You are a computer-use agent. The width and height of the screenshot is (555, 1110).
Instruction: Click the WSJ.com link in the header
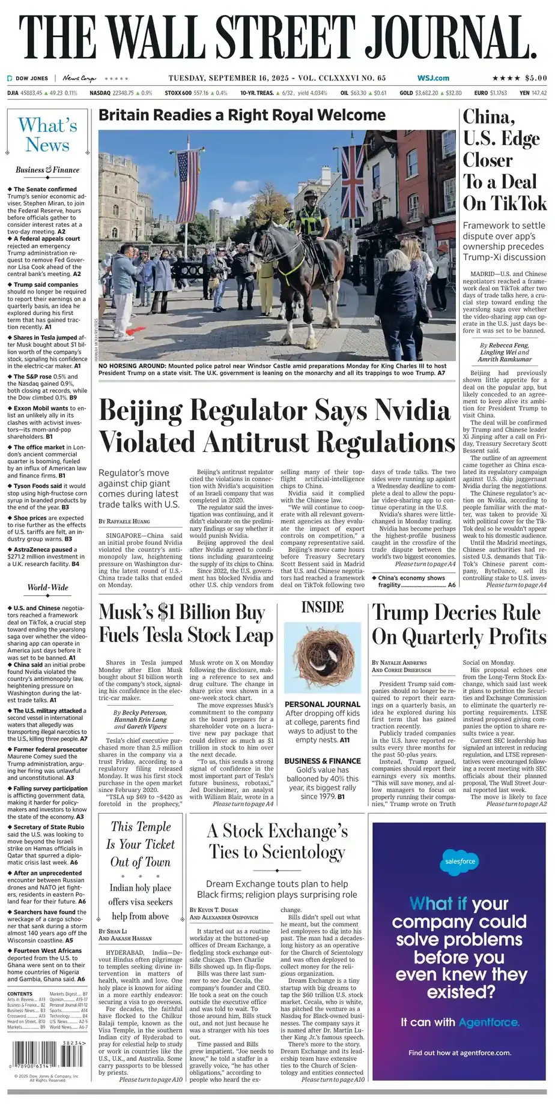click(x=433, y=78)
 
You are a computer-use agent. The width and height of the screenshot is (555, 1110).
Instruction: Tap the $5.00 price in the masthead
click(x=536, y=78)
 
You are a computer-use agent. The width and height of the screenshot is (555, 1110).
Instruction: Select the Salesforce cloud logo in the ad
click(x=459, y=861)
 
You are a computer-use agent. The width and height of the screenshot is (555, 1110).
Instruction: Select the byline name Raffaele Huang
click(x=129, y=521)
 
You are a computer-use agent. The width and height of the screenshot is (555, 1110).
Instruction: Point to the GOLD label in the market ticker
click(x=406, y=94)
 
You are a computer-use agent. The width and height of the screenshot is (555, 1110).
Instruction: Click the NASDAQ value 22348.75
click(x=123, y=94)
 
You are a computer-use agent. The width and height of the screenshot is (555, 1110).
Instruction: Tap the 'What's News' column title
click(x=47, y=135)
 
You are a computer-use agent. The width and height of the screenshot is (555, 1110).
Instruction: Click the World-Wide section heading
click(x=47, y=587)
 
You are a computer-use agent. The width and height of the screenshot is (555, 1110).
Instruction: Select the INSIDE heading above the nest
click(x=322, y=607)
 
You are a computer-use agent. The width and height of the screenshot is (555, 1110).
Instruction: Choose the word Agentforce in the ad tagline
click(x=488, y=1022)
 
